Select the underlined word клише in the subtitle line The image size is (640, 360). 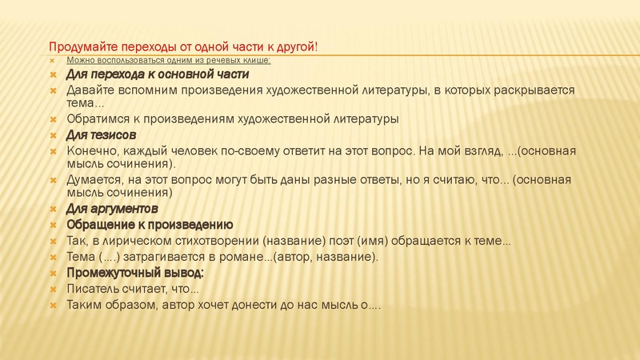pos(258,61)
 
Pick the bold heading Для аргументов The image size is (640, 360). pos(112,209)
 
